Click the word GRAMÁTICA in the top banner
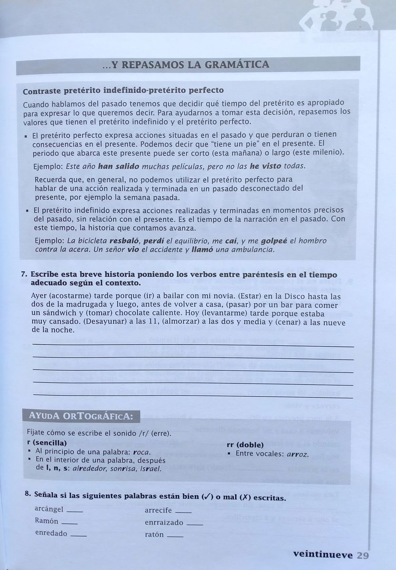click(x=237, y=65)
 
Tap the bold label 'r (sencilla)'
click(x=47, y=443)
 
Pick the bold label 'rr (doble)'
click(x=246, y=445)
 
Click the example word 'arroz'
click(x=298, y=454)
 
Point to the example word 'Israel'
click(x=151, y=468)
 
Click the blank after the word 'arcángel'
click(x=75, y=512)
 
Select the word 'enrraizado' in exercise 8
click(x=164, y=522)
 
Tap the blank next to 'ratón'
click(x=175, y=536)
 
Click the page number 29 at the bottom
click(x=363, y=555)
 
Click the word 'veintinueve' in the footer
click(x=323, y=554)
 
